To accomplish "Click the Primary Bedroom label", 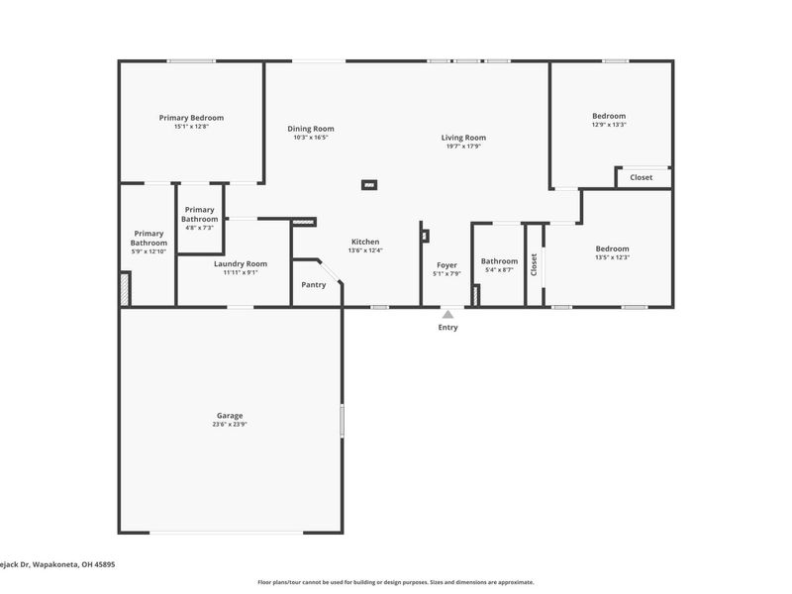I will tap(191, 118).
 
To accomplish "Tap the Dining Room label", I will tap(310, 129).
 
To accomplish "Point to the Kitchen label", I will tap(364, 242).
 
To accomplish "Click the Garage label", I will tap(230, 416).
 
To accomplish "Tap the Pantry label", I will tap(314, 285).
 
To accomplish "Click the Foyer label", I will tap(446, 265).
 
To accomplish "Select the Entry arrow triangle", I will tap(447, 314).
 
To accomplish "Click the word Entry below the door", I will tap(447, 328).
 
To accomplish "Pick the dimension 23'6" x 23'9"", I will tap(230, 425).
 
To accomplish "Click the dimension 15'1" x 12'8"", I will tap(191, 127).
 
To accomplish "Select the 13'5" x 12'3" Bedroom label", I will tap(612, 249).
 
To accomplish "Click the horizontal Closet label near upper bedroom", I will tap(642, 178).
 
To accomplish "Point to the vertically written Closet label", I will tap(534, 264).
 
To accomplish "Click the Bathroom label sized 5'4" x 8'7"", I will tap(499, 261).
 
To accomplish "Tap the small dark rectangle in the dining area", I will tap(369, 184).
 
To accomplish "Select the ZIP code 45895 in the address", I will tap(102, 564).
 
